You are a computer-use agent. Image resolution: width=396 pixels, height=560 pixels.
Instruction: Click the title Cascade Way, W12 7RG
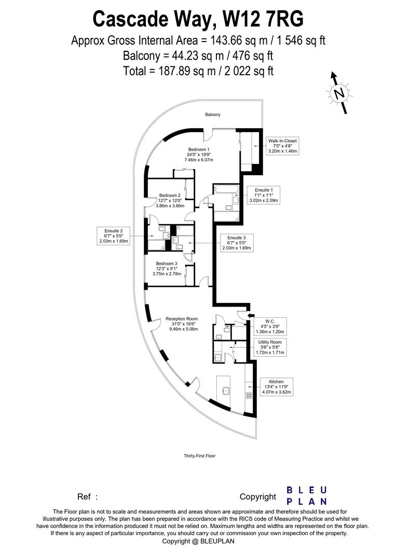198,19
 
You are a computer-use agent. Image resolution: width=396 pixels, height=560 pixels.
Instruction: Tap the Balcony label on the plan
212,115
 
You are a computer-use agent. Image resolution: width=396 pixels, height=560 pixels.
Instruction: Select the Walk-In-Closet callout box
282,146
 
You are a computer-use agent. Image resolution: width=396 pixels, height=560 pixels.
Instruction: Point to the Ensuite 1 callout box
263,195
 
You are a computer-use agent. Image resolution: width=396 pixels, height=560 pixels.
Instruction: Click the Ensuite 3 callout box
240,243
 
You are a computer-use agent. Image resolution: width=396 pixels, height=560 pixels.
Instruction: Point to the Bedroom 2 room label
170,200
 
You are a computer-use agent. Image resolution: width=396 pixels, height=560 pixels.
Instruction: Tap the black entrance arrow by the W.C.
251,315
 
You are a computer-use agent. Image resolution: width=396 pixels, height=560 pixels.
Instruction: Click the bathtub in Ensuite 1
226,189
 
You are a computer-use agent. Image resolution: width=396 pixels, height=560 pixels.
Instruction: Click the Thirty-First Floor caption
199,456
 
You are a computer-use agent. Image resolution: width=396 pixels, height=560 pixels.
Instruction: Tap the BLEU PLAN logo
307,496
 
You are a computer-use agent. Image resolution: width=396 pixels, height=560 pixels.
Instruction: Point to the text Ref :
87,497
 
